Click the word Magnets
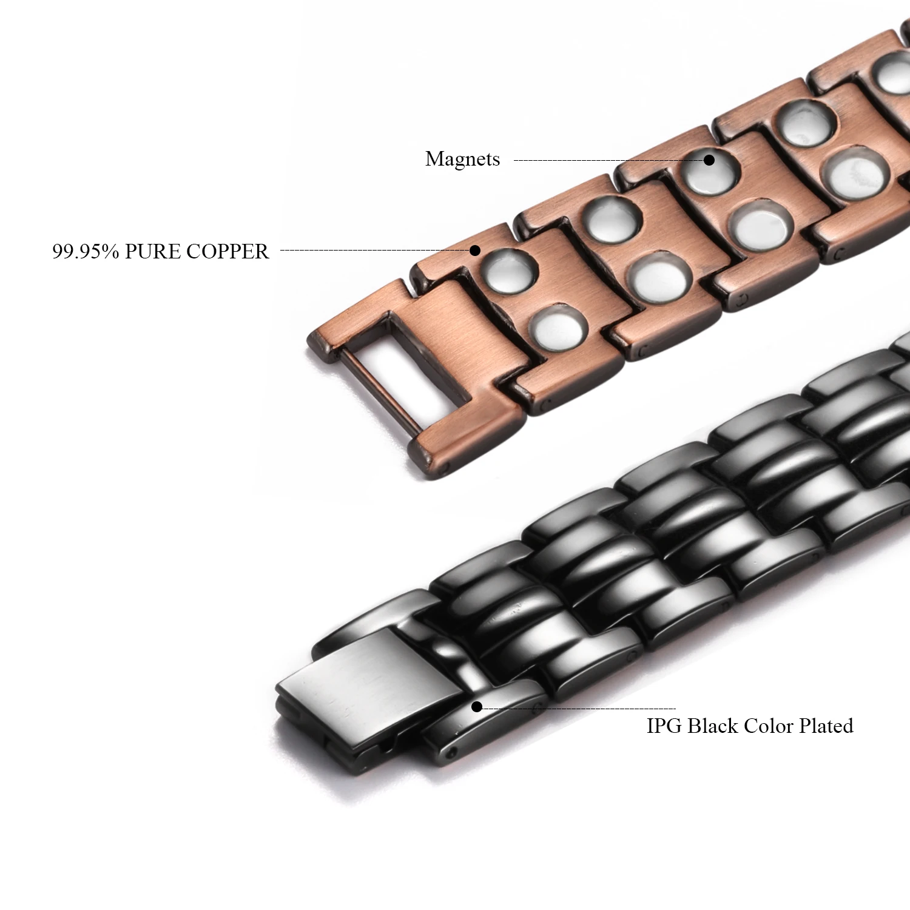(462, 159)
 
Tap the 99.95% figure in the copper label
(85, 251)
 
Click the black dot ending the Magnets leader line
(709, 160)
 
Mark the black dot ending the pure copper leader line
(476, 250)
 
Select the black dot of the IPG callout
(477, 707)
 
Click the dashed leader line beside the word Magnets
(607, 161)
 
